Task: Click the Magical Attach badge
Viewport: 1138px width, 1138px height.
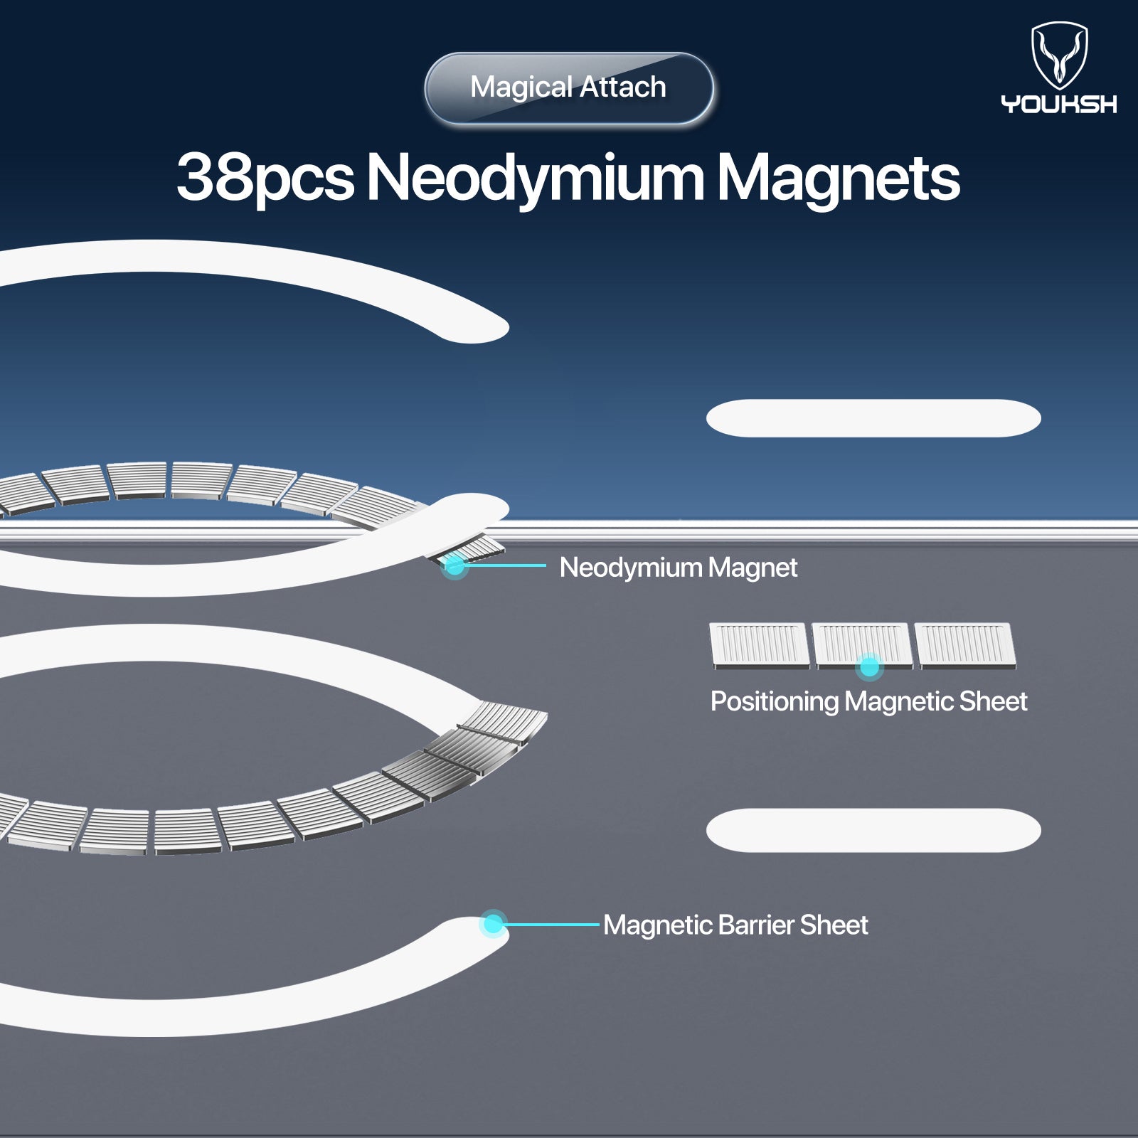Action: (569, 88)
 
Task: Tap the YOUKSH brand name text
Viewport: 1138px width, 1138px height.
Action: (1059, 104)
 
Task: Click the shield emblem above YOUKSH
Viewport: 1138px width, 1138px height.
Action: (1060, 55)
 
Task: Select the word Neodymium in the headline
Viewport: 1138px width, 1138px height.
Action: (535, 178)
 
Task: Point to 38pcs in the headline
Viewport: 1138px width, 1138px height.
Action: (265, 178)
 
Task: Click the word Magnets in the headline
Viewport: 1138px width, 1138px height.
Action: (838, 178)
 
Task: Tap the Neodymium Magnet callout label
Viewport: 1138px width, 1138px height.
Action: (679, 568)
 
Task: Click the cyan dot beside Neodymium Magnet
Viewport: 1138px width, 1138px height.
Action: (454, 566)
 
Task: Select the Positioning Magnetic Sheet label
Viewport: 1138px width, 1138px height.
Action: (868, 701)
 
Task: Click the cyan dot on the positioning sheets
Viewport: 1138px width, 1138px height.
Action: (869, 666)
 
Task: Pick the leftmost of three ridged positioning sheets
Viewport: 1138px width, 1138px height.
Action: (760, 646)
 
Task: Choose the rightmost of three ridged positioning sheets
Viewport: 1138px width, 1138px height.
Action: (965, 646)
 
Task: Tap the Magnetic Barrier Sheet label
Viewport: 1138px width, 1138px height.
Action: (735, 925)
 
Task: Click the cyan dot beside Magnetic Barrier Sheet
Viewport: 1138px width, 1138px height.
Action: (493, 924)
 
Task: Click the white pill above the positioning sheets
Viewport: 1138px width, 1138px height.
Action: (873, 418)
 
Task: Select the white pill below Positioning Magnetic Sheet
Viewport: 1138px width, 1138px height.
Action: (873, 830)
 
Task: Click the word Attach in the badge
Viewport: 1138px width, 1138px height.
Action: (623, 87)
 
